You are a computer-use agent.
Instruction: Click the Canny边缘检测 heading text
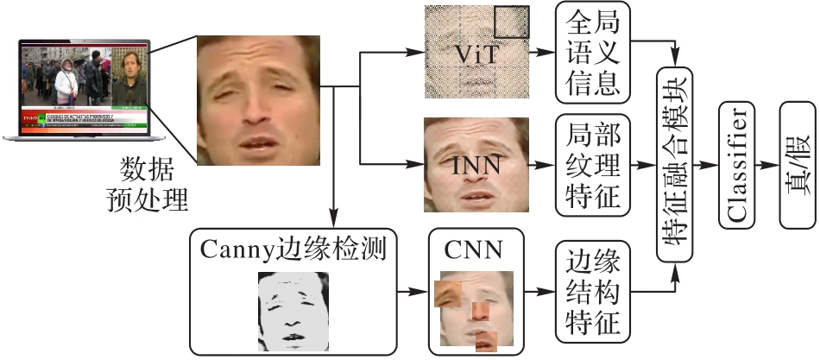[x=292, y=249]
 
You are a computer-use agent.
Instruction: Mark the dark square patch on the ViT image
[x=512, y=22]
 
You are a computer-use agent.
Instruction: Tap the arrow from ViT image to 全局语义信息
[x=542, y=54]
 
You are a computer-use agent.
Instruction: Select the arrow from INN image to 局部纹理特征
[x=542, y=164]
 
